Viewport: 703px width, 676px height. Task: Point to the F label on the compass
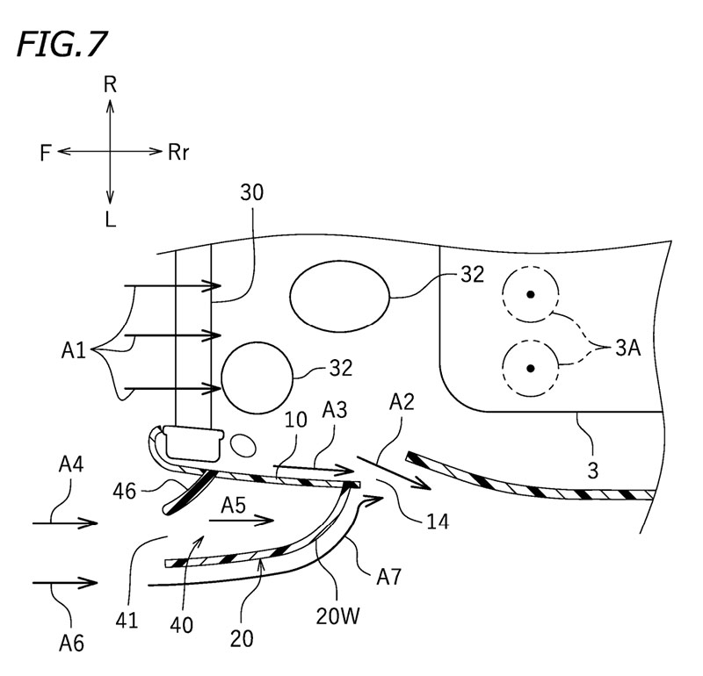pos(45,152)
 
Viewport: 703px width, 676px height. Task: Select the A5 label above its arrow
pos(235,505)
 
